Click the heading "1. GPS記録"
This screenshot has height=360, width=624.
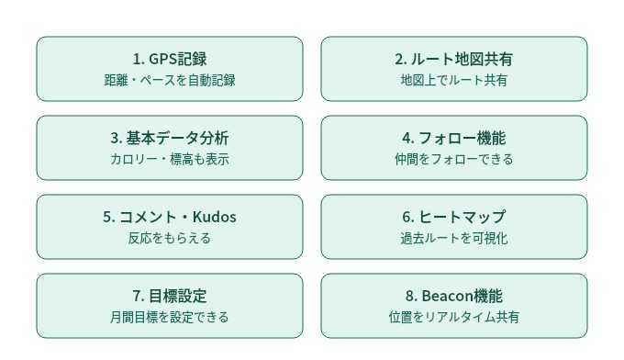point(170,59)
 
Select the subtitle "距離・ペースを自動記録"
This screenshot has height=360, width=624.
point(170,81)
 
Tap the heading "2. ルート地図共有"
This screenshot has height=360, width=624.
point(453,59)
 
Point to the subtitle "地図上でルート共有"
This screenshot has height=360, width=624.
point(453,81)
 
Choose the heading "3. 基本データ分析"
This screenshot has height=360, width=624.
point(170,138)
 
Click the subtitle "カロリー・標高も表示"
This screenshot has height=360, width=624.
point(170,159)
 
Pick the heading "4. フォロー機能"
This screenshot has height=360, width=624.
point(453,138)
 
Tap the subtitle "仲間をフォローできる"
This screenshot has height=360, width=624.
point(453,159)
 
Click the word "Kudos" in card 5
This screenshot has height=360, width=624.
point(215,217)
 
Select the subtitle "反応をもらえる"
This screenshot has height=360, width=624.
point(170,238)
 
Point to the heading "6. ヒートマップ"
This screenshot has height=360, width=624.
point(453,217)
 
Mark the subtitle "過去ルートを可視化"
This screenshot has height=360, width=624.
point(453,238)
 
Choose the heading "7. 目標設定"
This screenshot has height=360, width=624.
point(170,296)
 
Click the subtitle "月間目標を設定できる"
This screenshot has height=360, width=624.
point(170,317)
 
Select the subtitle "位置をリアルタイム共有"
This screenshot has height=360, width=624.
point(453,317)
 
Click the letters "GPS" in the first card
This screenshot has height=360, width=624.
point(162,59)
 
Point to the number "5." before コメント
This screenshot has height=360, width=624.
point(108,217)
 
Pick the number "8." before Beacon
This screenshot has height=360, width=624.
point(411,297)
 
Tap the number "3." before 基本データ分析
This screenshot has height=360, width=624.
point(117,138)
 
